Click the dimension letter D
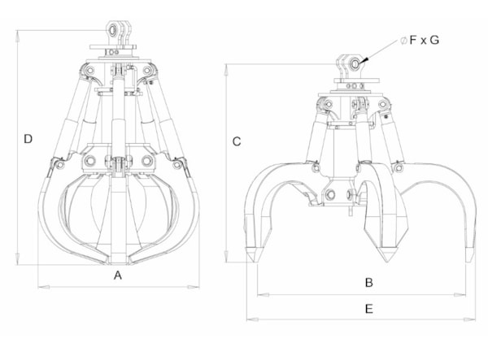coord(28,139)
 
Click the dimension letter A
coord(118,275)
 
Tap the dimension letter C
coord(237,141)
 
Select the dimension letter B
coord(368,283)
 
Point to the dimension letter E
coord(368,309)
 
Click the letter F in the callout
coord(412,40)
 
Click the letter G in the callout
coord(434,40)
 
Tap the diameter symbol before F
coord(403,41)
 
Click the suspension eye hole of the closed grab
coord(112,30)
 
